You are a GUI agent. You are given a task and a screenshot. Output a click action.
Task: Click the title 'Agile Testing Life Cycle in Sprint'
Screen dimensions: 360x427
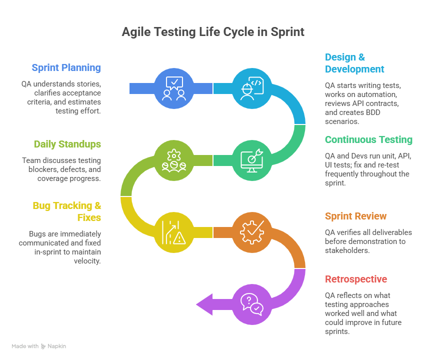pos(213,32)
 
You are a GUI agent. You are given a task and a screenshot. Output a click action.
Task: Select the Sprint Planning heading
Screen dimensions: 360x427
pos(66,67)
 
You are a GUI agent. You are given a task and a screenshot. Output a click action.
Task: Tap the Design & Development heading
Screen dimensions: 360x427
pos(354,63)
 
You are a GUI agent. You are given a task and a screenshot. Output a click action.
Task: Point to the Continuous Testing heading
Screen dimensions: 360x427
pos(368,139)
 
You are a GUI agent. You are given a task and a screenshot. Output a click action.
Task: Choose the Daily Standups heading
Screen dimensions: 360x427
pos(67,144)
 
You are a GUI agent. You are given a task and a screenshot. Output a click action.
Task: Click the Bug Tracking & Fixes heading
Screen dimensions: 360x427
pos(67,211)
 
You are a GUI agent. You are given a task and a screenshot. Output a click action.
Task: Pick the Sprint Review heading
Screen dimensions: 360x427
pos(355,216)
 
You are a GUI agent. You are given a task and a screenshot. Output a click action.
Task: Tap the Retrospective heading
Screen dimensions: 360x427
pos(356,279)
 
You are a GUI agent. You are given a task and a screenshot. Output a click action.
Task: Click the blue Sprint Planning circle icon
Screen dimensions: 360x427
pos(174,88)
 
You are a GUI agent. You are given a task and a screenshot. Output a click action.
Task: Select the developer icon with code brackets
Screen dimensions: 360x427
pos(252,88)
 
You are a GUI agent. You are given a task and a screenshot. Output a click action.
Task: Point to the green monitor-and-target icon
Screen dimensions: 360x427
pos(252,159)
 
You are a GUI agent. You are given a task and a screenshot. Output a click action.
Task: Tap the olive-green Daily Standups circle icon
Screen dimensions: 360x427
pos(174,159)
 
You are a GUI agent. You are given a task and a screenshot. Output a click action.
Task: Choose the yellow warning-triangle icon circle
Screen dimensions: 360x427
pos(174,231)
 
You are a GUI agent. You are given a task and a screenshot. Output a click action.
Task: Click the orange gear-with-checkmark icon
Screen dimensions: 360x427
pos(252,231)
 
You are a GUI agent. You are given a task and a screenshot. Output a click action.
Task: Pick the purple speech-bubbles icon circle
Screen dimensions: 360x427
pos(252,303)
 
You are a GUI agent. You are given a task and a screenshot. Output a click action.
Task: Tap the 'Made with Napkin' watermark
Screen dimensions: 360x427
pos(39,346)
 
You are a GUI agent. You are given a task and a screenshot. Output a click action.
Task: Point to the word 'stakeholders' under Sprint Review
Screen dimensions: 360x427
pos(346,250)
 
